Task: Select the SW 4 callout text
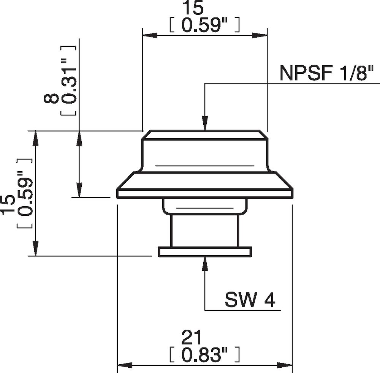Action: point(250,300)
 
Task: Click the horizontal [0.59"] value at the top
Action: point(204,25)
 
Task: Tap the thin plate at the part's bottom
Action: point(205,251)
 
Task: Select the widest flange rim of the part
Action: point(205,193)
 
